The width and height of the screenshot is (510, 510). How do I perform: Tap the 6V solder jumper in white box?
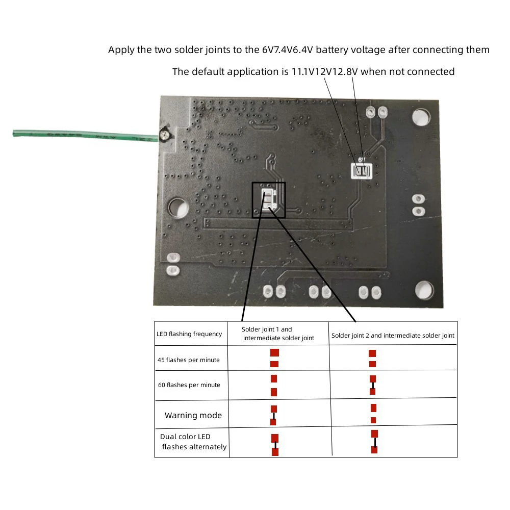click(x=362, y=171)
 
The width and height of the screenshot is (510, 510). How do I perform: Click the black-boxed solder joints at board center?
click(x=268, y=199)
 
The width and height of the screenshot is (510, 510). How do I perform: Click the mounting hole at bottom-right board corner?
click(x=424, y=290)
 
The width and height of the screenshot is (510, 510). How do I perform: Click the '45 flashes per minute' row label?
click(x=189, y=360)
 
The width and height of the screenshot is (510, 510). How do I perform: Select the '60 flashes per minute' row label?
click(x=189, y=385)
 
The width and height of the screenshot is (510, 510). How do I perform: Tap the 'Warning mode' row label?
click(x=193, y=416)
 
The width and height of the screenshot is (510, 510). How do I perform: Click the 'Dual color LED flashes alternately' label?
click(x=193, y=442)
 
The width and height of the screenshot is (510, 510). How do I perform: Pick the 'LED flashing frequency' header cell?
click(x=189, y=334)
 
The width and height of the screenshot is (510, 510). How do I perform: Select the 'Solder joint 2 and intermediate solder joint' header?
click(x=393, y=336)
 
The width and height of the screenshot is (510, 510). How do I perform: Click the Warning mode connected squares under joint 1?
click(x=273, y=415)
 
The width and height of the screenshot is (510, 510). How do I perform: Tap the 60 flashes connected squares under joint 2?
click(x=373, y=385)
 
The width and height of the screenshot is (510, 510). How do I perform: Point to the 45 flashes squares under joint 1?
click(x=274, y=358)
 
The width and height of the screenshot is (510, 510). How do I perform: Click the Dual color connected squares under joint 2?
click(x=374, y=442)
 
